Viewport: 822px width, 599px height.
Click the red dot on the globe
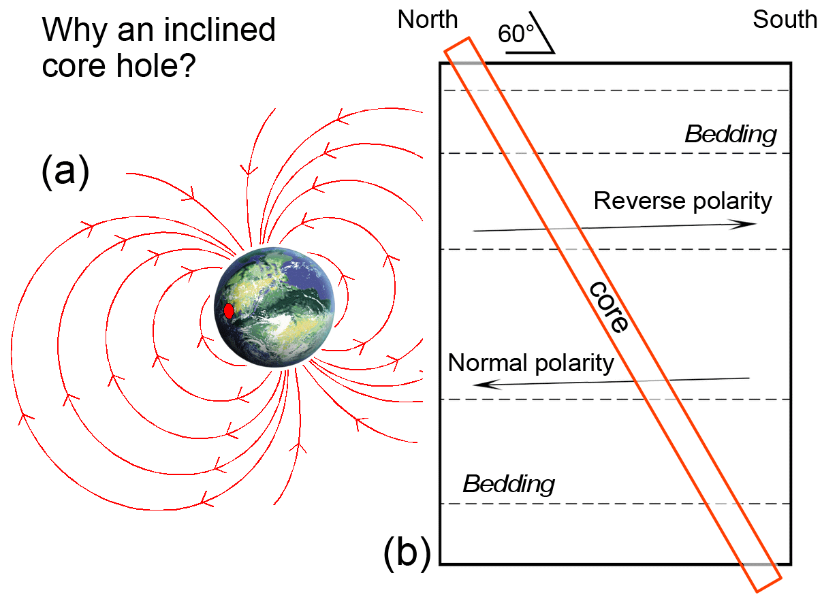pyautogui.click(x=229, y=310)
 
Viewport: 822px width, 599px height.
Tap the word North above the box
pyautogui.click(x=428, y=20)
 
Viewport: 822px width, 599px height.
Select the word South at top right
pyautogui.click(x=785, y=20)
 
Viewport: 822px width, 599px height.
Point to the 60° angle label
pyautogui.click(x=514, y=34)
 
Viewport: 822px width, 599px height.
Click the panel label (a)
pyautogui.click(x=65, y=172)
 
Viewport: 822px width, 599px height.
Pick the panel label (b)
pyautogui.click(x=407, y=553)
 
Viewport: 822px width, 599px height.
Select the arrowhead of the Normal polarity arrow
pyautogui.click(x=483, y=385)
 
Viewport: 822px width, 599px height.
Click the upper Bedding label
pyautogui.click(x=730, y=134)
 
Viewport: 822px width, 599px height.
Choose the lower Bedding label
pyautogui.click(x=508, y=484)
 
